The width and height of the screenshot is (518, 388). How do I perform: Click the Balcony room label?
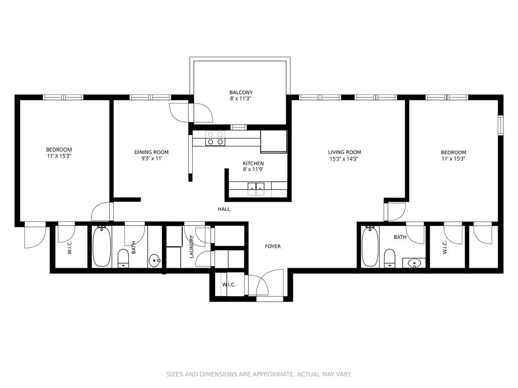(x=241, y=92)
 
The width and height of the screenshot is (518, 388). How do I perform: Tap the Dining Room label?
(x=151, y=152)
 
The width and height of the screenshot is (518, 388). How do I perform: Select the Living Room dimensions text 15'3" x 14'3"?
(x=344, y=158)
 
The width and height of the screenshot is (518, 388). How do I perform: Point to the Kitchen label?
(x=253, y=163)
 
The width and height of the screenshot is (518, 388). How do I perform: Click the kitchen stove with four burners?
(x=215, y=138)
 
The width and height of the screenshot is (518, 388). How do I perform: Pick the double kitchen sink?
(x=256, y=188)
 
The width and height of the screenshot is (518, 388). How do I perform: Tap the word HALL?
(x=224, y=209)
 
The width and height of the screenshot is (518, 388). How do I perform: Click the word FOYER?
(x=273, y=246)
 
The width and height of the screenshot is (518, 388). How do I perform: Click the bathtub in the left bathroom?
(x=101, y=247)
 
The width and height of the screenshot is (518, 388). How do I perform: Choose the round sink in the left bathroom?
(x=154, y=261)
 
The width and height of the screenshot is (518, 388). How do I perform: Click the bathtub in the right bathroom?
(x=370, y=247)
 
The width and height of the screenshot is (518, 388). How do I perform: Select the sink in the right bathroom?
(x=414, y=263)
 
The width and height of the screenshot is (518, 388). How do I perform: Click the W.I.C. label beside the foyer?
(x=229, y=284)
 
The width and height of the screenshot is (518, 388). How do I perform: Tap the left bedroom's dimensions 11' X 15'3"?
(x=59, y=156)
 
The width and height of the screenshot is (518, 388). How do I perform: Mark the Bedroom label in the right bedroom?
(x=453, y=152)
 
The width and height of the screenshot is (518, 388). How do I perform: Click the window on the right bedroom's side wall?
(x=501, y=125)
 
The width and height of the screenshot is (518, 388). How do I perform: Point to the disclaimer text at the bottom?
(x=258, y=374)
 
